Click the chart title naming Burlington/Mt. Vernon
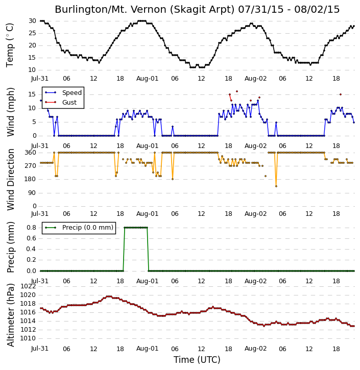[x=197, y=10]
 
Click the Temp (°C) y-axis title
[x=10, y=45]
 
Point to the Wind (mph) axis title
[x=10, y=112]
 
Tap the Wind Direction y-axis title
[x=10, y=180]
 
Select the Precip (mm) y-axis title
[x=10, y=248]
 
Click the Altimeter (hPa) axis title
[x=10, y=315]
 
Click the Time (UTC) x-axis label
[x=197, y=360]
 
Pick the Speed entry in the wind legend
[x=63, y=93]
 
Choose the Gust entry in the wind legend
[x=61, y=103]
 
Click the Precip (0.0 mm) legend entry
[x=79, y=228]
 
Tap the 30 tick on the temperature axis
[x=32, y=21]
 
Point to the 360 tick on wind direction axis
[x=31, y=153]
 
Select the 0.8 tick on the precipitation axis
[x=31, y=228]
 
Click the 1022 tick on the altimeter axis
[x=28, y=286]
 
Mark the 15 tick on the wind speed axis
[x=32, y=94]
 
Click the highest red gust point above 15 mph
[x=237, y=91]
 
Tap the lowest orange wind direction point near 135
[x=276, y=186]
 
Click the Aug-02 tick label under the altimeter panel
[x=255, y=349]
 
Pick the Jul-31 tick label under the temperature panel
[x=40, y=79]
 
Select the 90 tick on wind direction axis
[x=33, y=193]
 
